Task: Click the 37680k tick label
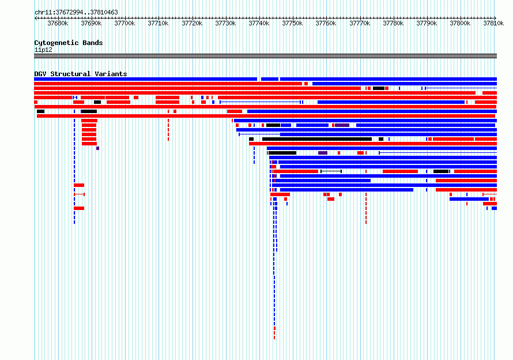58,23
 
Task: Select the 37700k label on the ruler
125,23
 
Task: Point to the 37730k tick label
225,23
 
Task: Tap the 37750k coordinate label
292,23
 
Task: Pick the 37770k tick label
360,23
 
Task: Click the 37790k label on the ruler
427,23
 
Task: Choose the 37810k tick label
493,23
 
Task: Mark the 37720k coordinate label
192,23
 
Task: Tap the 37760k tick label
326,23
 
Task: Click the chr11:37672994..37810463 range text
76,13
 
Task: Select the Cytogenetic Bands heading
69,43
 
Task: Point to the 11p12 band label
43,50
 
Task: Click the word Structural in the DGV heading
70,74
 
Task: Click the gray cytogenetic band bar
265,56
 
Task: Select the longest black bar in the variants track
317,139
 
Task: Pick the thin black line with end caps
331,171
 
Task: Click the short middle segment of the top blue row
270,79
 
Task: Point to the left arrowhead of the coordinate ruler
35,18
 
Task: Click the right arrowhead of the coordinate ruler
495,18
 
